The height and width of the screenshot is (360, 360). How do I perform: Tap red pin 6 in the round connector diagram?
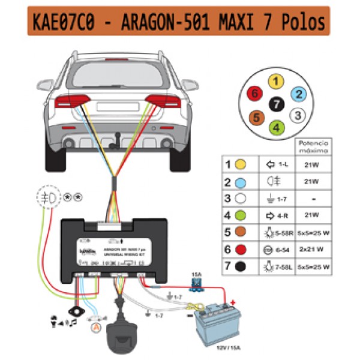[255, 94]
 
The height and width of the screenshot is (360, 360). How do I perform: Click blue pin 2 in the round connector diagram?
[298, 94]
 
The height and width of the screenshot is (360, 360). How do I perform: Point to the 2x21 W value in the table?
[311, 248]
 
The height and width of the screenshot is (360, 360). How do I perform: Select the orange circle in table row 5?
[242, 232]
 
